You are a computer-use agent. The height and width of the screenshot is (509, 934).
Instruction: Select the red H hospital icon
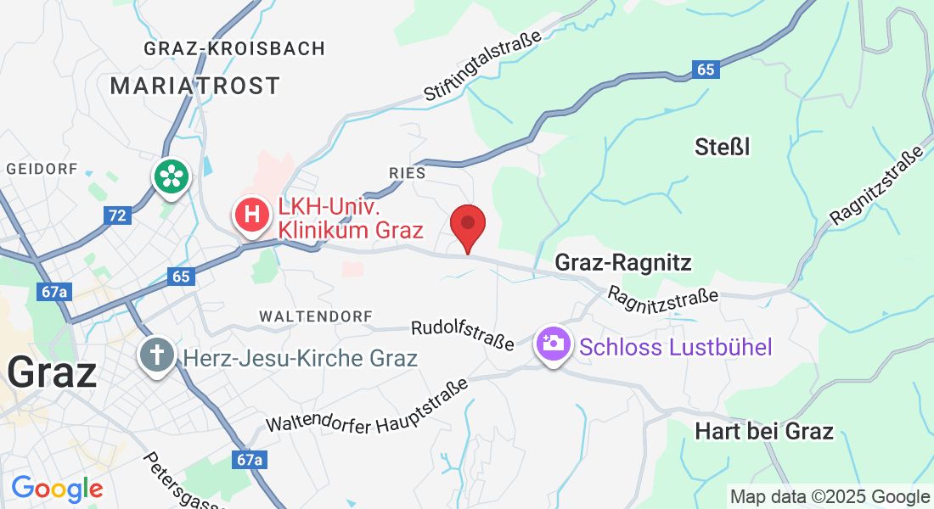click(252, 215)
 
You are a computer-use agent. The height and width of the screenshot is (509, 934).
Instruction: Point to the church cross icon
click(158, 353)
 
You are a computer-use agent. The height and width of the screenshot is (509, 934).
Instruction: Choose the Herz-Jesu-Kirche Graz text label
click(300, 358)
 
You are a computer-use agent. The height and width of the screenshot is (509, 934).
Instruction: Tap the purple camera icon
click(553, 344)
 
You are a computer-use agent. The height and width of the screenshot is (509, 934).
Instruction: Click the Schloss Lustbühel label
click(676, 347)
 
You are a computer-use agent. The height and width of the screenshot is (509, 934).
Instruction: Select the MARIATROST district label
click(195, 86)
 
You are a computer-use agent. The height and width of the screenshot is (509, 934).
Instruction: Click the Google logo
click(57, 488)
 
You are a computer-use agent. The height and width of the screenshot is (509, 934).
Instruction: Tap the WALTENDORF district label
click(316, 316)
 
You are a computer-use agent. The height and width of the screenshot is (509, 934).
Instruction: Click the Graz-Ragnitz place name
click(623, 263)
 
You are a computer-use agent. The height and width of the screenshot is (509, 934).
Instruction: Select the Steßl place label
click(722, 148)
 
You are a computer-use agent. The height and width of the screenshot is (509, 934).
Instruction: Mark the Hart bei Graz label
click(764, 431)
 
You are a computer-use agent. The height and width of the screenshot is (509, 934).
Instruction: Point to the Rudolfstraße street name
click(463, 334)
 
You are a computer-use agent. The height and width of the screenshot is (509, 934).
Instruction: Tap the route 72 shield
click(117, 215)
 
